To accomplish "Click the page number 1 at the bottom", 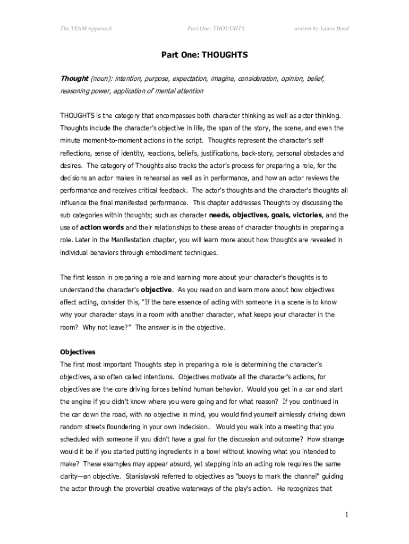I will point(346,514).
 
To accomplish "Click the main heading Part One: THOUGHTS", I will point(204,55).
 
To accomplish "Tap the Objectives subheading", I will point(78,352).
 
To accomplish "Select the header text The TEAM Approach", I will point(86,28).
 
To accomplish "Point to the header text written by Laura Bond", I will point(321,28).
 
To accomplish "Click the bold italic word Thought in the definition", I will point(74,79).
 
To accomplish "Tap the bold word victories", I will point(305,215).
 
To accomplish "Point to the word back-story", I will point(258,153).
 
